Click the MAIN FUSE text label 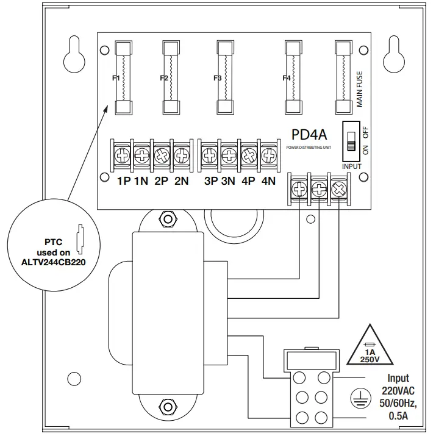(x=360, y=89)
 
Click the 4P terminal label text (x=248, y=181)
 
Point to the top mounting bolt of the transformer (x=163, y=218)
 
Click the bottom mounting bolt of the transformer (x=163, y=406)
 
